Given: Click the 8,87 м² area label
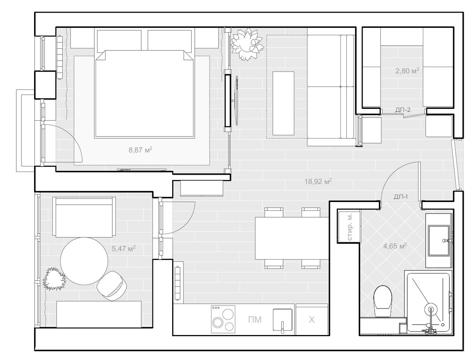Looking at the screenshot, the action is [x=140, y=150].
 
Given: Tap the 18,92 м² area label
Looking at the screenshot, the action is [x=318, y=181].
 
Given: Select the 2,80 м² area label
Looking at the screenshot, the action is [x=407, y=71].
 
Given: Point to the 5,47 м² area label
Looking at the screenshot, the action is [x=124, y=248].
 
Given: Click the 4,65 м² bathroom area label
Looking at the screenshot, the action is [x=395, y=246].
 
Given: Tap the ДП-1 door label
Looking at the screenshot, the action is [x=401, y=196].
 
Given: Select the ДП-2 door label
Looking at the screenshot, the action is [x=403, y=110].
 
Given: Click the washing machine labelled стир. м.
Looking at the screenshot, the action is [x=349, y=227].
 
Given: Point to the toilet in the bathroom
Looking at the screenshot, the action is [x=383, y=302].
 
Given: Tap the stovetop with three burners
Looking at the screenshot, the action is [x=223, y=319].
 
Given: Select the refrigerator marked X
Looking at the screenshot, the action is [x=312, y=320].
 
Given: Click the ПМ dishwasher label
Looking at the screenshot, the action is [x=255, y=320].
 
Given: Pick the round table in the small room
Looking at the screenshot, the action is [x=84, y=261].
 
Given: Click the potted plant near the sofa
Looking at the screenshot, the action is [x=247, y=45].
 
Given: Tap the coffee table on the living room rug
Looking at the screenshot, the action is [x=283, y=103].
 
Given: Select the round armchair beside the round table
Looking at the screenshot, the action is [x=112, y=285].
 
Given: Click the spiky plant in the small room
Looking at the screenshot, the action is [x=54, y=279].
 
